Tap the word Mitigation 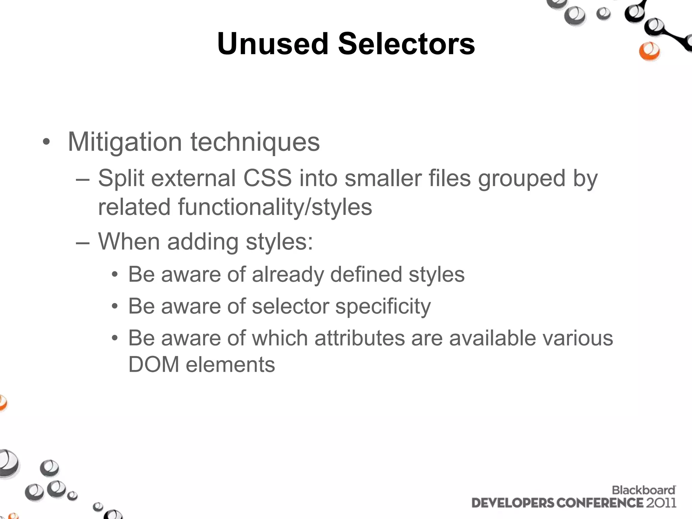pyautogui.click(x=125, y=142)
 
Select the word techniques pyautogui.click(x=255, y=142)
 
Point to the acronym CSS pyautogui.click(x=267, y=178)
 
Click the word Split pyautogui.click(x=121, y=178)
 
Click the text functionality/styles pyautogui.click(x=275, y=207)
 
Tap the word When pyautogui.click(x=129, y=242)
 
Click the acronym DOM pyautogui.click(x=154, y=365)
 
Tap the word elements pyautogui.click(x=230, y=365)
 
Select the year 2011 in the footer pyautogui.click(x=661, y=503)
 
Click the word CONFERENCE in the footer pyautogui.click(x=599, y=503)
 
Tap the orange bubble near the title pyautogui.click(x=649, y=51)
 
